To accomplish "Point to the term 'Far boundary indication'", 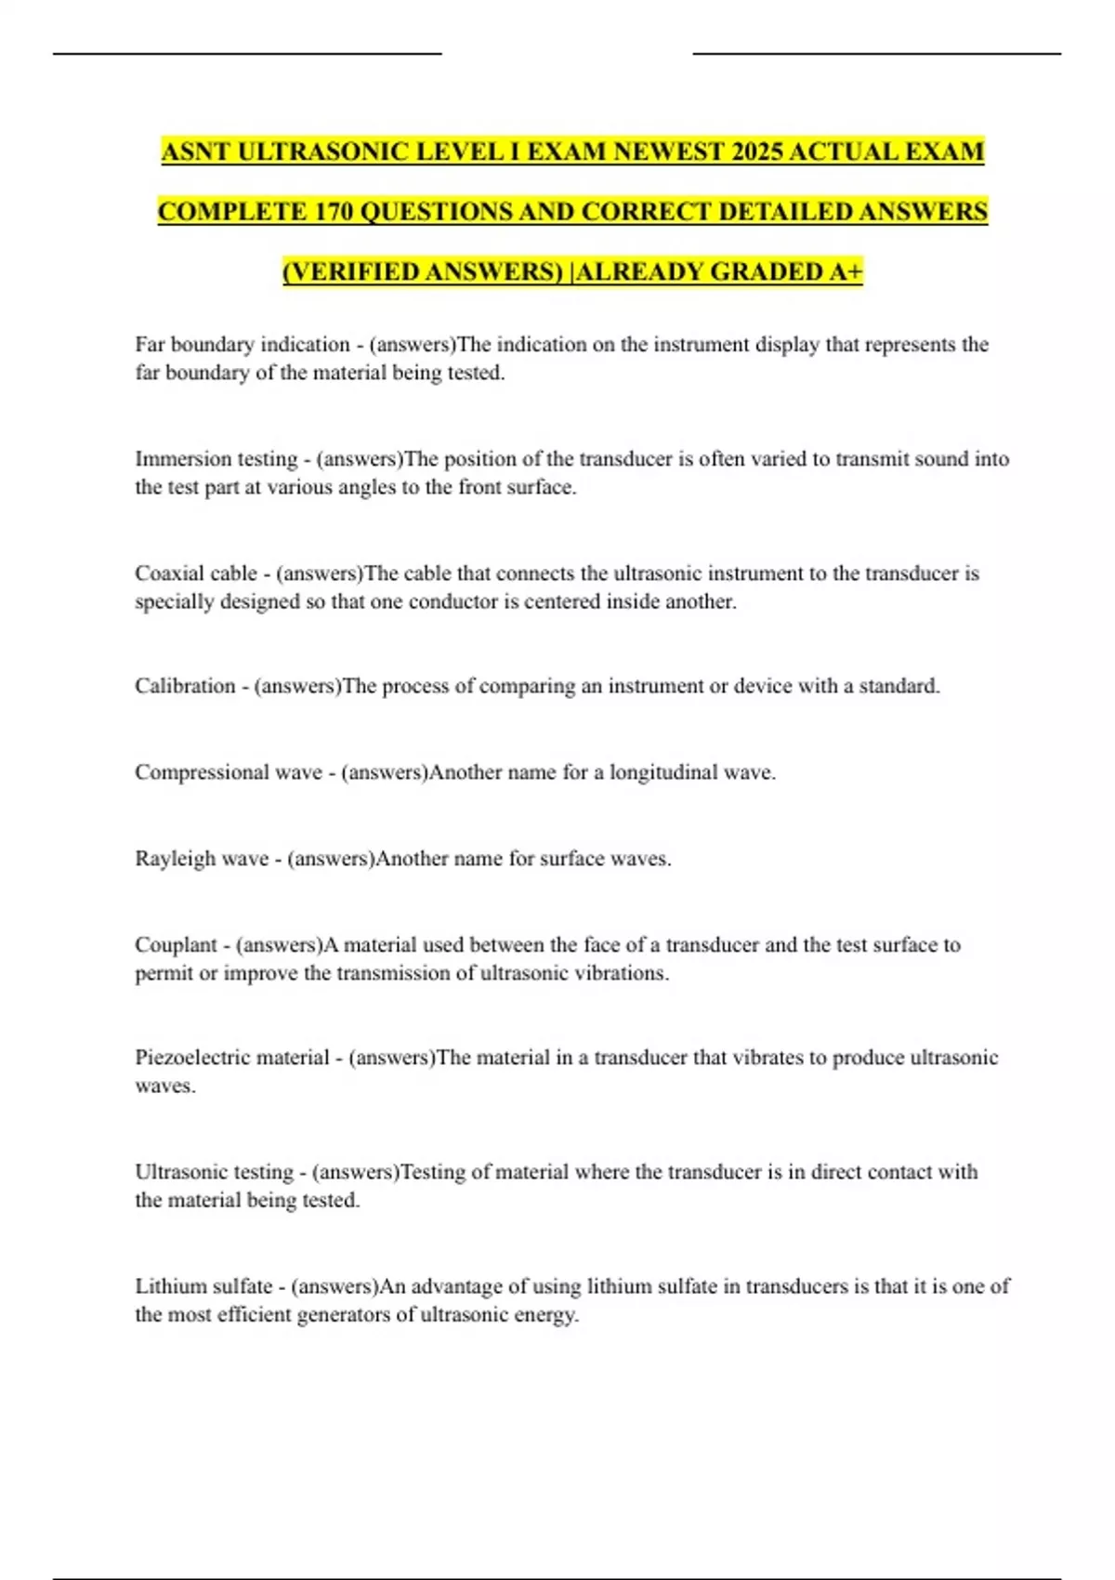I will click(242, 345).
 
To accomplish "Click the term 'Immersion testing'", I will click(216, 459).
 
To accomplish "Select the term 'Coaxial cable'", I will click(196, 573).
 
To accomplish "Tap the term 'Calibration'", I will click(185, 687).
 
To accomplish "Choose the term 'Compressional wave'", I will click(228, 772).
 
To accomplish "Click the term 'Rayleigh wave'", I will click(202, 859).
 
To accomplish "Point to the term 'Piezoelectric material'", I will click(232, 1058).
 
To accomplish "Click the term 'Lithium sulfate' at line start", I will click(203, 1286).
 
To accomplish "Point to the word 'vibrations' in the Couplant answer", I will click(619, 973).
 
